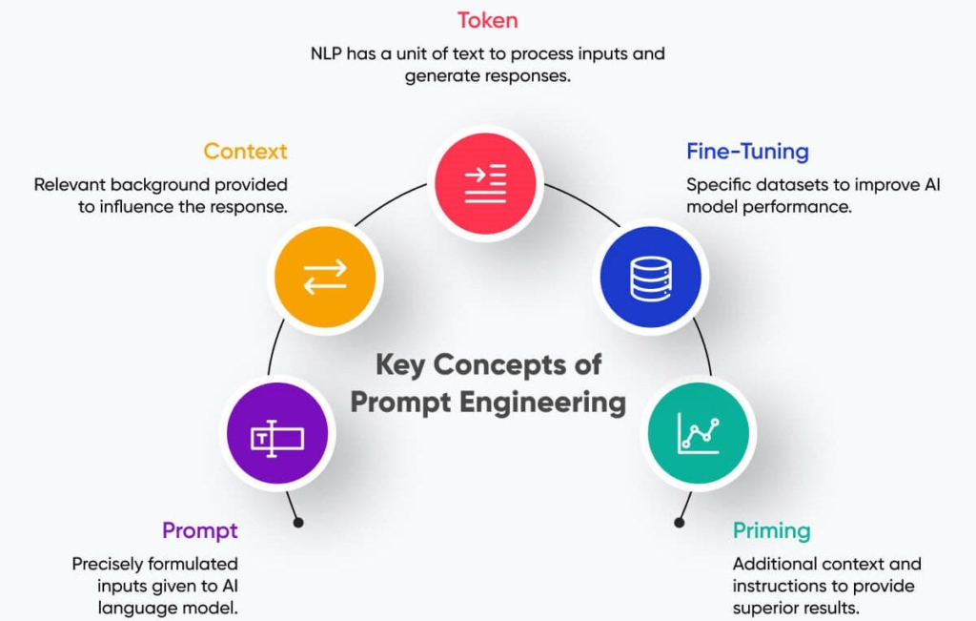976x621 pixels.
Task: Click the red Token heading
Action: (x=488, y=20)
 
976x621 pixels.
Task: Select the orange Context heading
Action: (x=245, y=152)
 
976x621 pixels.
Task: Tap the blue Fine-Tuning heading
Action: (x=747, y=152)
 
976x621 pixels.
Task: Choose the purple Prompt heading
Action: (x=199, y=530)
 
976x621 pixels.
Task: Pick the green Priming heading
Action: (x=771, y=530)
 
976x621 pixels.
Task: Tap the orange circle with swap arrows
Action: (x=324, y=278)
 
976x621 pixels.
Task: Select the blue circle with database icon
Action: (x=650, y=278)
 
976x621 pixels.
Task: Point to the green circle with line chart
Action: (x=698, y=434)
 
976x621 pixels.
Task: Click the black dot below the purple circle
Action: (x=298, y=523)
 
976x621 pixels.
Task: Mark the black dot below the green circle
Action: (x=679, y=523)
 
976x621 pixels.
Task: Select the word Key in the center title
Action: (x=400, y=365)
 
